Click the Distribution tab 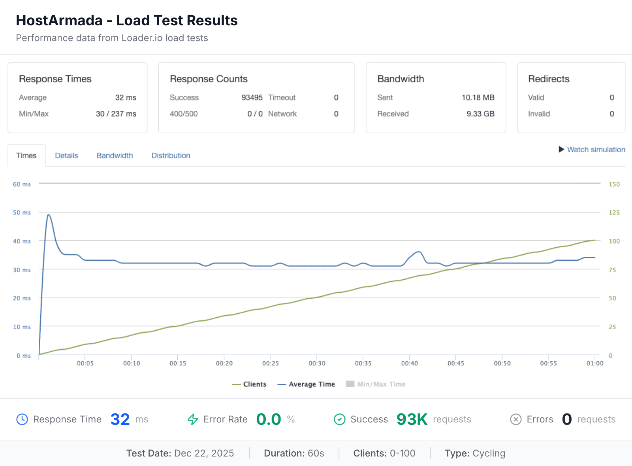(171, 155)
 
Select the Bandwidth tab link (115, 155)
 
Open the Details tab (66, 155)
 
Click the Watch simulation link (596, 150)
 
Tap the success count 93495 (252, 98)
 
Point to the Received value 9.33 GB (480, 114)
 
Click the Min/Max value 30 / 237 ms (116, 114)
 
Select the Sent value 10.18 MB (478, 98)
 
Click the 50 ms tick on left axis (22, 212)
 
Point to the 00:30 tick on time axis (317, 363)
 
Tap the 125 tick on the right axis (614, 212)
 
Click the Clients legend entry (249, 384)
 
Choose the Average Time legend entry (307, 384)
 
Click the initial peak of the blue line (49, 215)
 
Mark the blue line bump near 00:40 (418, 252)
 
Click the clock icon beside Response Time (22, 419)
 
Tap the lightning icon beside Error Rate (193, 419)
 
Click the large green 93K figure (412, 419)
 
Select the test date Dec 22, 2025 (204, 453)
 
